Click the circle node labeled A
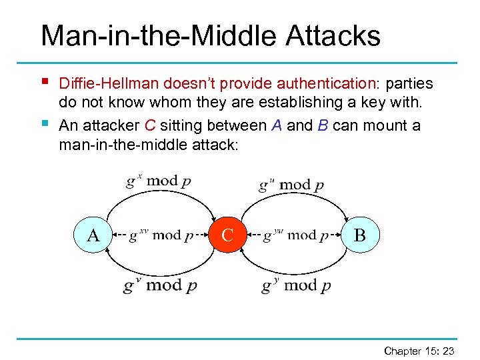[93, 235]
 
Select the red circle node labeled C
[227, 235]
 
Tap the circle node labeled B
[359, 235]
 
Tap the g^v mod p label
[159, 285]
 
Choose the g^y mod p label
[296, 285]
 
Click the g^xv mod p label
[161, 235]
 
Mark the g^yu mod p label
[294, 235]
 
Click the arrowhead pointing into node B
[347, 217]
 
